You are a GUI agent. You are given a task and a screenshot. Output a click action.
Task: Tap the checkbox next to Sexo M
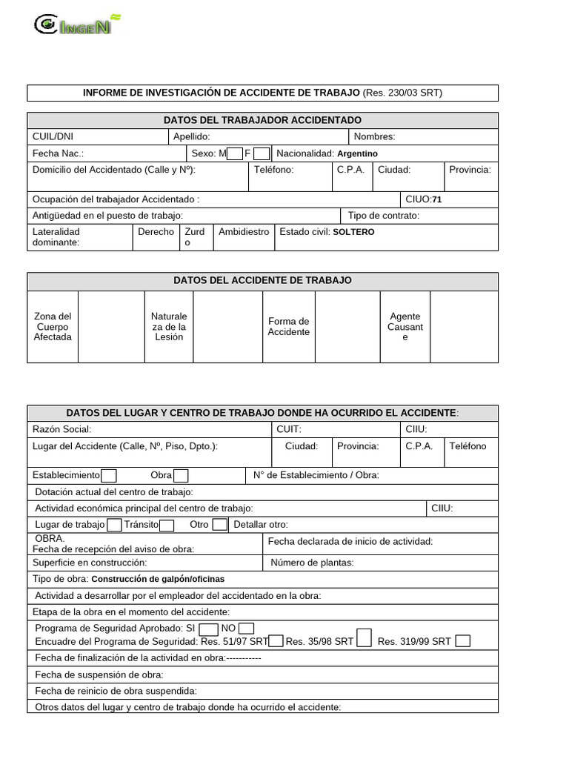coord(234,153)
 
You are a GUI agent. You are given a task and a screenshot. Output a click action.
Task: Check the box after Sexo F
coord(261,153)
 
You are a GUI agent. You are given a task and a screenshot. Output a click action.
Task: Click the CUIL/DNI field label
coord(53,136)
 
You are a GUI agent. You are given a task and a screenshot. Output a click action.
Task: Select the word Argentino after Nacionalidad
coord(357,153)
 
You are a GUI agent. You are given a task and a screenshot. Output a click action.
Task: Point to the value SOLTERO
coord(353,232)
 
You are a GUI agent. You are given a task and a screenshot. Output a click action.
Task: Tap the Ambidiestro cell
coord(244,232)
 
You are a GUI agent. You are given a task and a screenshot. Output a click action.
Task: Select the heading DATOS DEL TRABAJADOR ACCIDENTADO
coord(262,120)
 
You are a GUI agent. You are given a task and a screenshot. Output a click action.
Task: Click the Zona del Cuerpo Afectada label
coord(53,327)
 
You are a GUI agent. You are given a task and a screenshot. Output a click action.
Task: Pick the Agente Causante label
coord(405,327)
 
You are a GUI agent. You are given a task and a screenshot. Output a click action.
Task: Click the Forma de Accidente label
coord(288,327)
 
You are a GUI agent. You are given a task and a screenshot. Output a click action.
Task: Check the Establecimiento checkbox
coord(108,475)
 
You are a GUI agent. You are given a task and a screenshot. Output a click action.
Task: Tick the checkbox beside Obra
coord(181,475)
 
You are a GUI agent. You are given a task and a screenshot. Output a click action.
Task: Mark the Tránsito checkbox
coord(167,525)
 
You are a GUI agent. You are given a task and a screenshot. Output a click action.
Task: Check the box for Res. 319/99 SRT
coord(462,641)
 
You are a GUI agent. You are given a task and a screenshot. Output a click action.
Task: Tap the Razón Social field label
coord(61,429)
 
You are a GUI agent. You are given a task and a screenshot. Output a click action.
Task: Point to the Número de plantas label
coord(312,563)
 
